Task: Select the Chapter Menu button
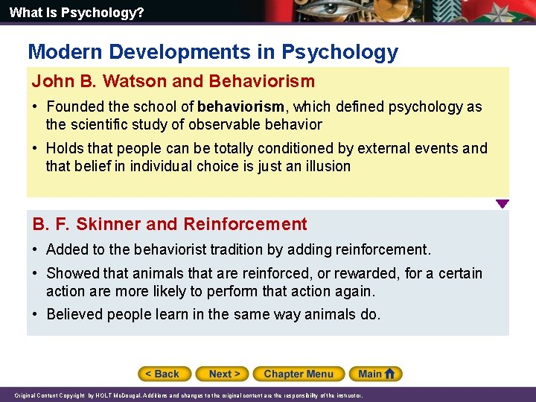(298, 374)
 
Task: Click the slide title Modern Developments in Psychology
(213, 52)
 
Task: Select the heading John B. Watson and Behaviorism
(173, 81)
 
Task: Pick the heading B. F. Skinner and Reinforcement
(170, 224)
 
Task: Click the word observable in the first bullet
(223, 124)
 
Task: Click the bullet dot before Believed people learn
(36, 314)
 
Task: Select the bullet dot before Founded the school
(36, 107)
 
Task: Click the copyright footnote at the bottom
(188, 395)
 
